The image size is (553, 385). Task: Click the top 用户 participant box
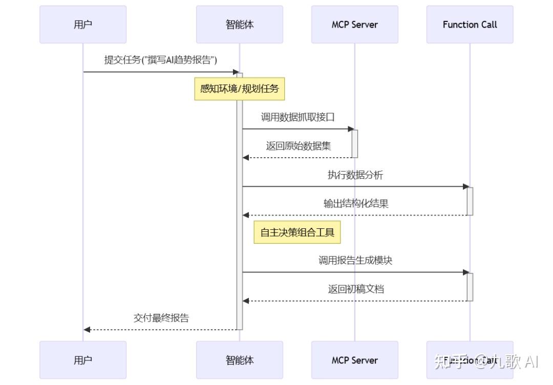point(83,25)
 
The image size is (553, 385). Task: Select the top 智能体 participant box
point(239,25)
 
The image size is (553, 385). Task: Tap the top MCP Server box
point(354,25)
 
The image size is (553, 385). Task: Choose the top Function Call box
point(470,25)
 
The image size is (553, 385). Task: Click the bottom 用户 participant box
point(83,360)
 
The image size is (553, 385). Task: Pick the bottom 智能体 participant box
point(239,360)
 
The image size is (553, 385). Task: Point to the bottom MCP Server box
point(354,360)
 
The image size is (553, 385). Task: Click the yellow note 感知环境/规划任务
point(239,89)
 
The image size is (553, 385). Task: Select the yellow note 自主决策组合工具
point(297,232)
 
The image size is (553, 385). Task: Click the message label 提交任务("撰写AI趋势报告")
point(161,60)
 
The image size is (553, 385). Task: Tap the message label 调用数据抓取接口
point(298,117)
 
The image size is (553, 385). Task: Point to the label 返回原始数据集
point(298,146)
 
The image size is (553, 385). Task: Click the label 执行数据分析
point(355,175)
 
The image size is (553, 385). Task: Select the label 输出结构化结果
point(355,203)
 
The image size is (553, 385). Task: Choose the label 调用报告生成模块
point(355,260)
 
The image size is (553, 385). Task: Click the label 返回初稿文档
point(355,289)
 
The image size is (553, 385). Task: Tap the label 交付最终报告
point(161,318)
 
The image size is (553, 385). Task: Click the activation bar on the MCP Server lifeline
point(354,143)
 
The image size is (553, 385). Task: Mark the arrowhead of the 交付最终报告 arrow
point(87,330)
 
